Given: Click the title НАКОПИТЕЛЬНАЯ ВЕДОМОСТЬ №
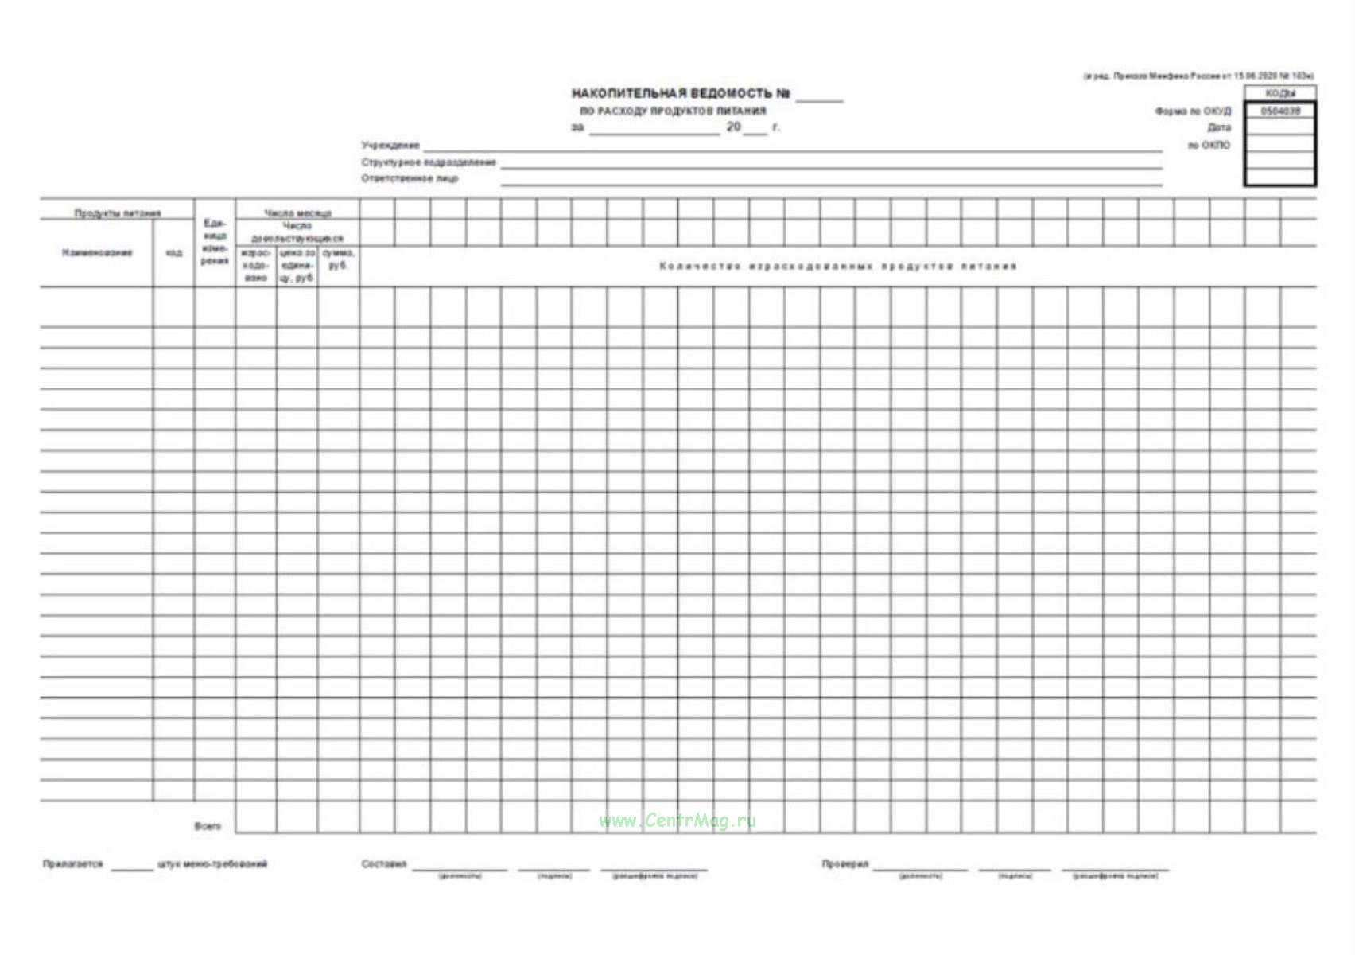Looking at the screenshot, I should click(x=681, y=94).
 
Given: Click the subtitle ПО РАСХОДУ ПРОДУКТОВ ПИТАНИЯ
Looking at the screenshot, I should click(x=673, y=111).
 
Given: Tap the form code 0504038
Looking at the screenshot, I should click(x=1280, y=111).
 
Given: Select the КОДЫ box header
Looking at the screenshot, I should click(x=1280, y=94).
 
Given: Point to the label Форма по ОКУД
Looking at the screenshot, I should click(x=1193, y=111).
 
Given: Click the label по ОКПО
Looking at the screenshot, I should click(x=1209, y=146).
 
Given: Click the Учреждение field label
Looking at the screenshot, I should click(x=390, y=146).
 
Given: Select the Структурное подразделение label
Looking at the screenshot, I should click(x=429, y=162).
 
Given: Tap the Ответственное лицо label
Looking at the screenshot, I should click(x=410, y=179).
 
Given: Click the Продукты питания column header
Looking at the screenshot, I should click(x=118, y=213).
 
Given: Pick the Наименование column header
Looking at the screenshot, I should click(x=97, y=253).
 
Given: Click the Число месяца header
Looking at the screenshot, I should click(x=297, y=213).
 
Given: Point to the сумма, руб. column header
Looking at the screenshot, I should click(x=338, y=259).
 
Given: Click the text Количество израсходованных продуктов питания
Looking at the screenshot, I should click(x=837, y=266).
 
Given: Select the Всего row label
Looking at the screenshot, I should click(x=208, y=826).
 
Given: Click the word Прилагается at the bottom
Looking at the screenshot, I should click(x=73, y=864).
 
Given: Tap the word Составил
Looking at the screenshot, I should click(x=384, y=864).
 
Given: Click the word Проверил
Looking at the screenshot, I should click(x=845, y=864).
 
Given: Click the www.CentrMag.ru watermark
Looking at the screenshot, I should click(x=677, y=821).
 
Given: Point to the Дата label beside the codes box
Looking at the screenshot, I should click(x=1218, y=128).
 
